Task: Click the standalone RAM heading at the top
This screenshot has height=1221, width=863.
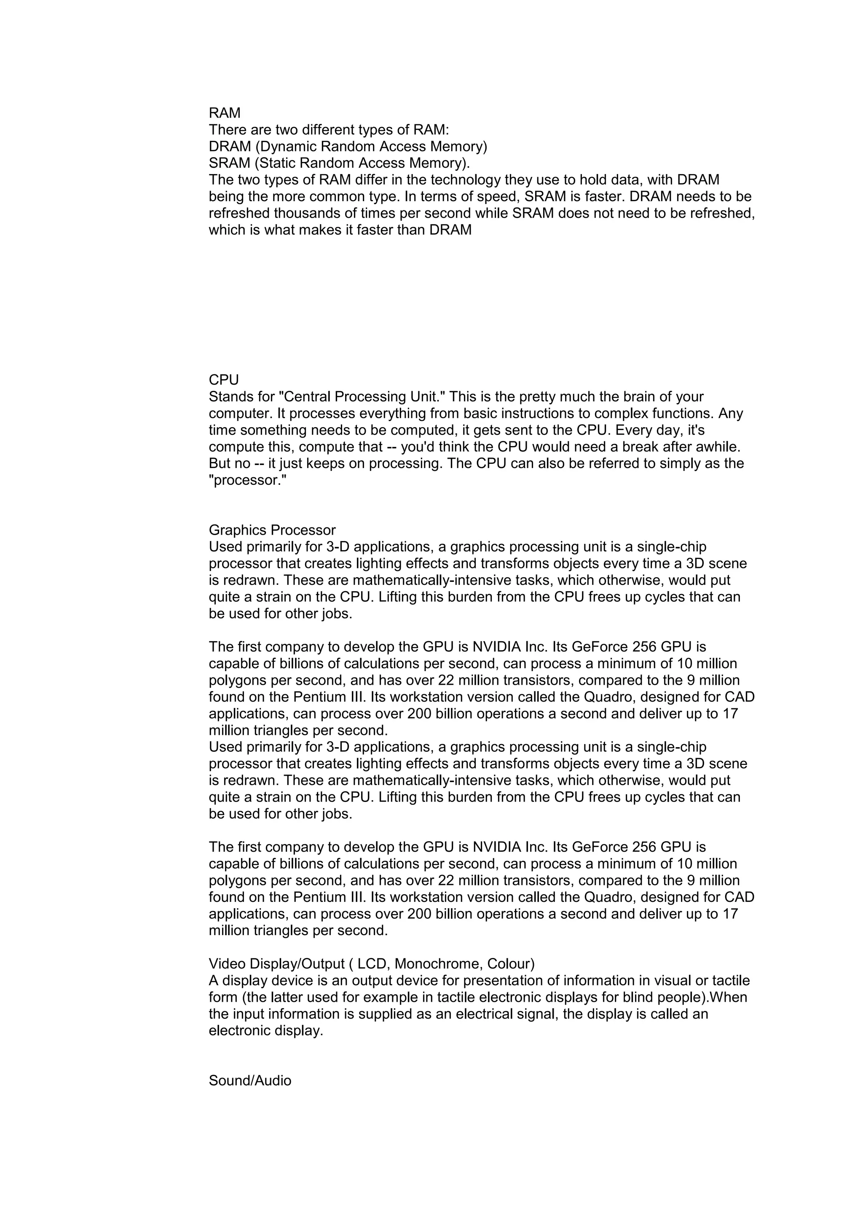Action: [224, 113]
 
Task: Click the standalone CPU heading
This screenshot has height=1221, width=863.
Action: [224, 380]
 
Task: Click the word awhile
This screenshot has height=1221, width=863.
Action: [714, 447]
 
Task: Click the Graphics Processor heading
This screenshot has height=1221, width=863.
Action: [272, 530]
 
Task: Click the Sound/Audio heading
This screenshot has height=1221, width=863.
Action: [250, 1081]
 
